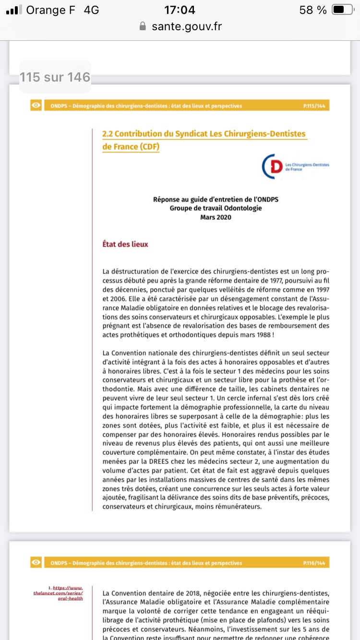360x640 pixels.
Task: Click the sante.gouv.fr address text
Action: [x=187, y=27]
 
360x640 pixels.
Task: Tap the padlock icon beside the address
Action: [x=142, y=27]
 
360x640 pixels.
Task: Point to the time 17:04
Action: [x=180, y=10]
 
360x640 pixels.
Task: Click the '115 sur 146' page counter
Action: [x=55, y=77]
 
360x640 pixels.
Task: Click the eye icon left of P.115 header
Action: [x=36, y=106]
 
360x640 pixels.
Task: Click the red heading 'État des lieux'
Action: [x=125, y=244]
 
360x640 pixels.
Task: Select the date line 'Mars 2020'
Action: [x=216, y=217]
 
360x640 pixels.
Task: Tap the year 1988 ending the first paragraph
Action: [x=265, y=335]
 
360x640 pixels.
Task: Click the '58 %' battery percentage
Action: [x=312, y=10]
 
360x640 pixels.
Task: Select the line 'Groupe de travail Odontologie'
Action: [x=216, y=208]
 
